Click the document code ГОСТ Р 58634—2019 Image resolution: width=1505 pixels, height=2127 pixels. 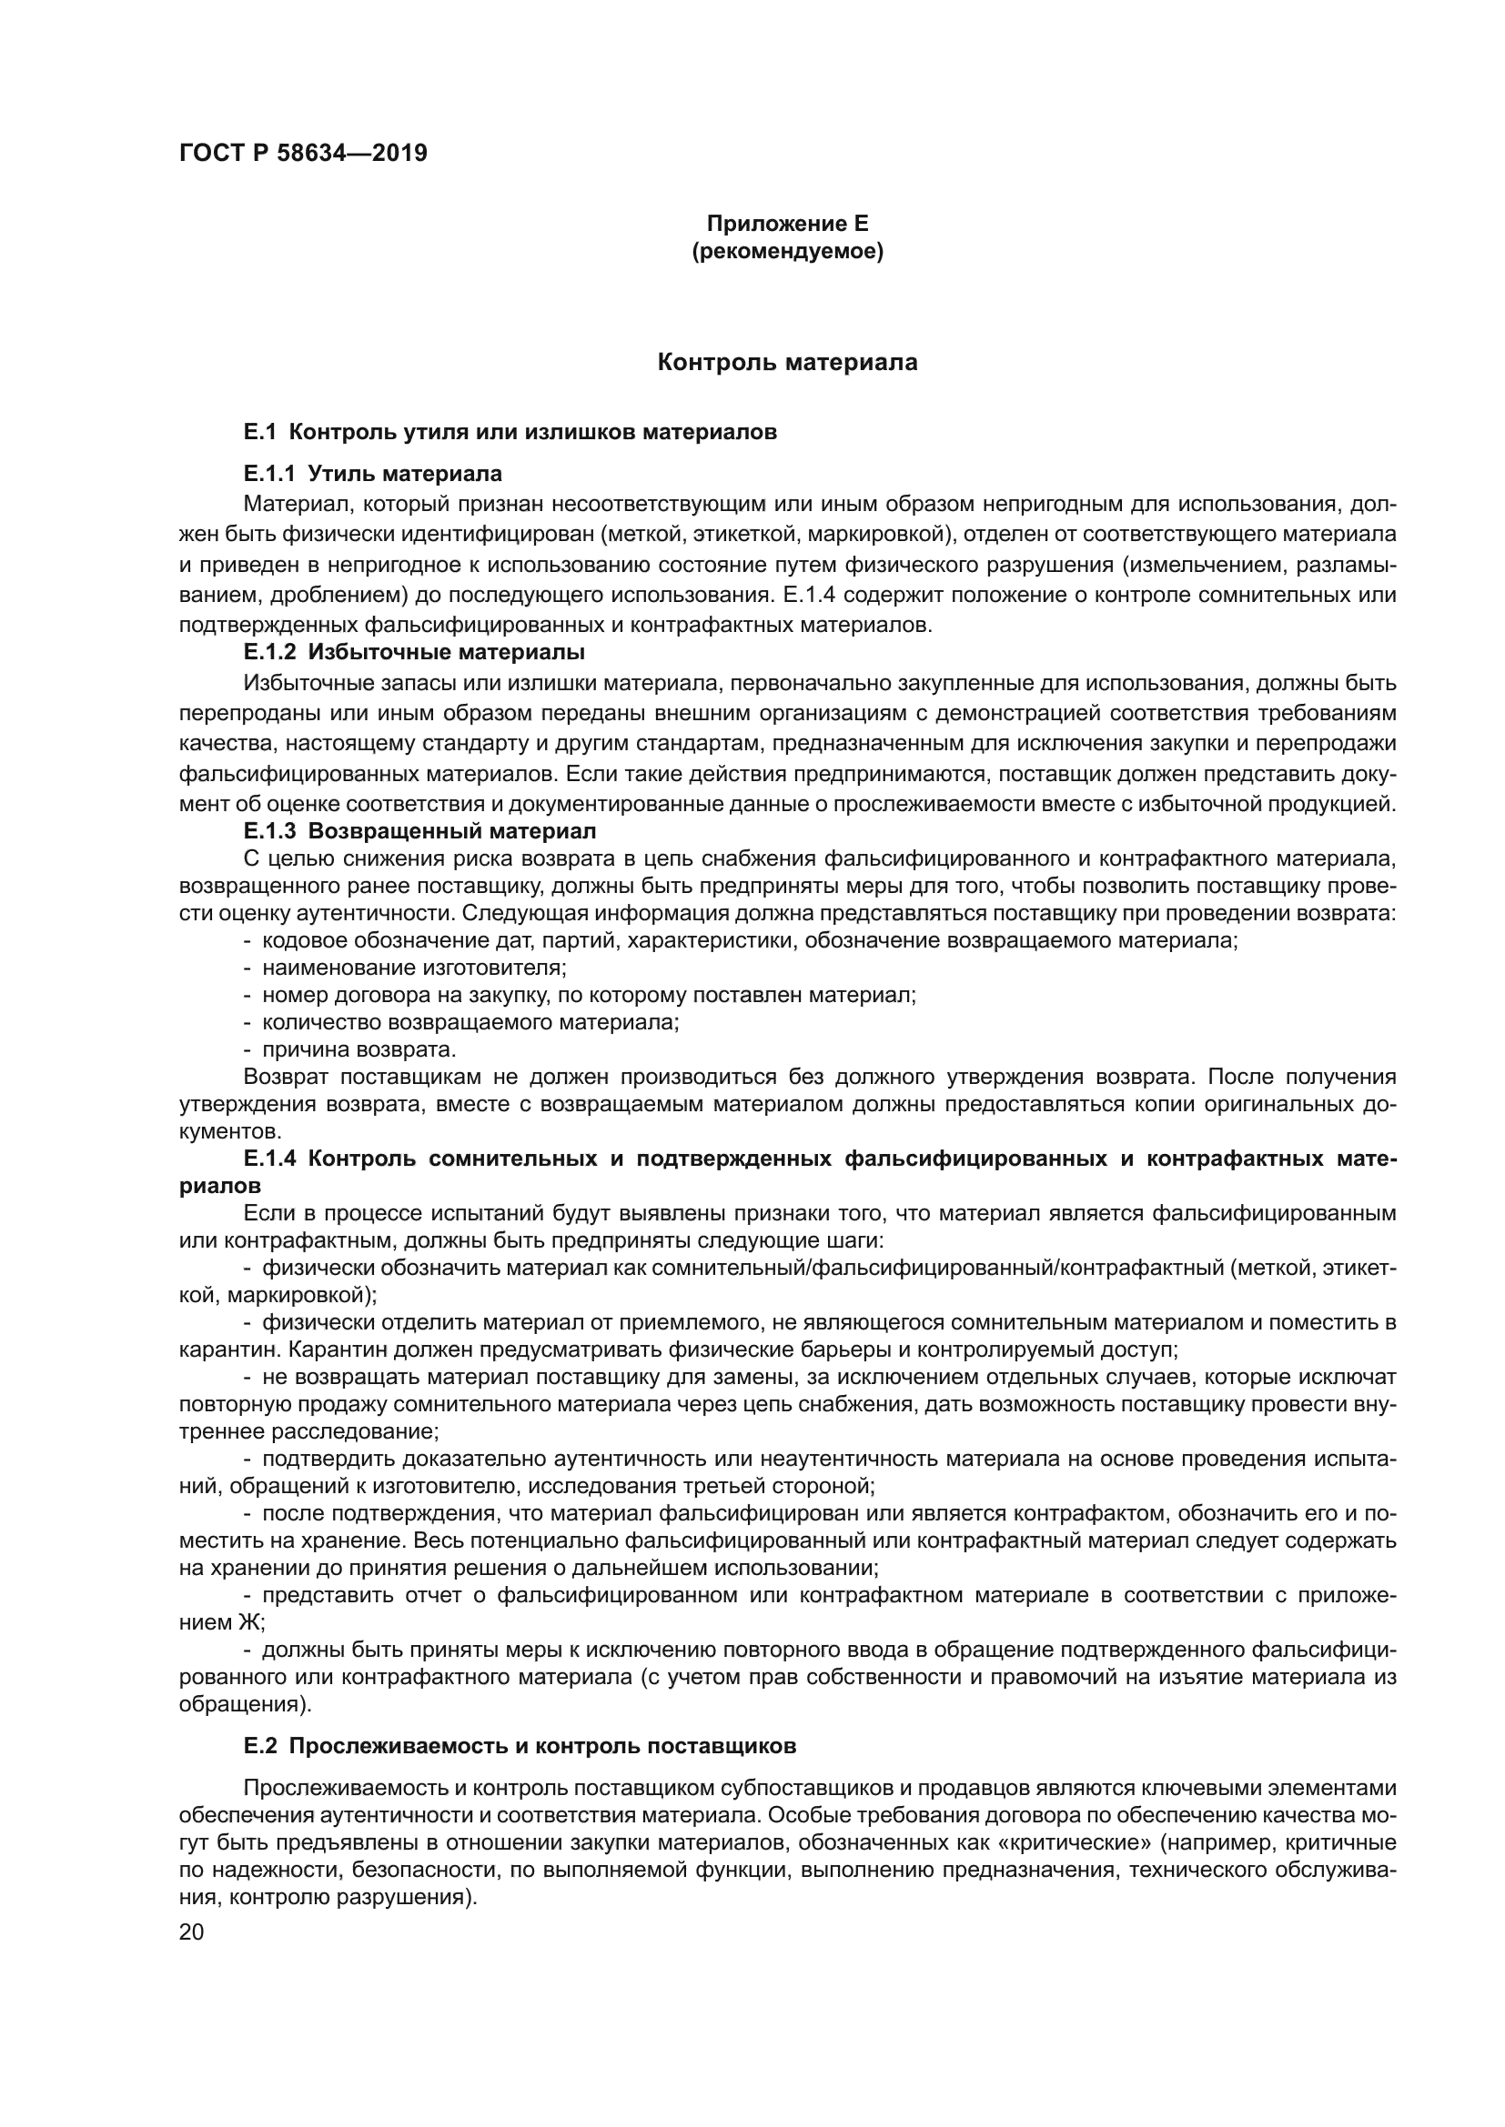303,154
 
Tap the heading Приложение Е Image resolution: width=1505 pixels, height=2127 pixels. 788,224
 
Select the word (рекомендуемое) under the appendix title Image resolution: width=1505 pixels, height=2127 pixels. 788,251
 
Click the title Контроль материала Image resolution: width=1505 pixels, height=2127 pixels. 788,362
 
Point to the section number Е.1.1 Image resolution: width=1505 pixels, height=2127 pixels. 268,475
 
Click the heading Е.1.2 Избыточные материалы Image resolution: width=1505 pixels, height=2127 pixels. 414,652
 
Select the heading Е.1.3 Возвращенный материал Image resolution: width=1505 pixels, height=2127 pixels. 419,830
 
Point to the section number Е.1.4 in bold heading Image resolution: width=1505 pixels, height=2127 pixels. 270,1159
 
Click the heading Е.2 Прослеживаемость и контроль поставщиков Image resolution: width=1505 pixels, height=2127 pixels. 520,1746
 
